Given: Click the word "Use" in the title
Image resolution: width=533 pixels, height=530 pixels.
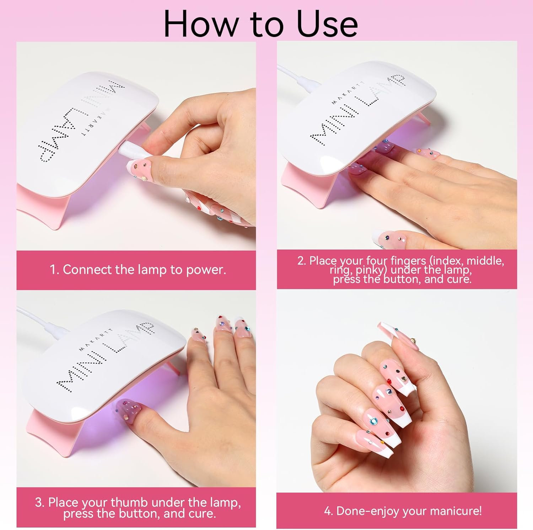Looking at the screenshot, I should (327, 24).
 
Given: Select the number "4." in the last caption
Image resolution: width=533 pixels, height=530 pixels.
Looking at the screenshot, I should (328, 511).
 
